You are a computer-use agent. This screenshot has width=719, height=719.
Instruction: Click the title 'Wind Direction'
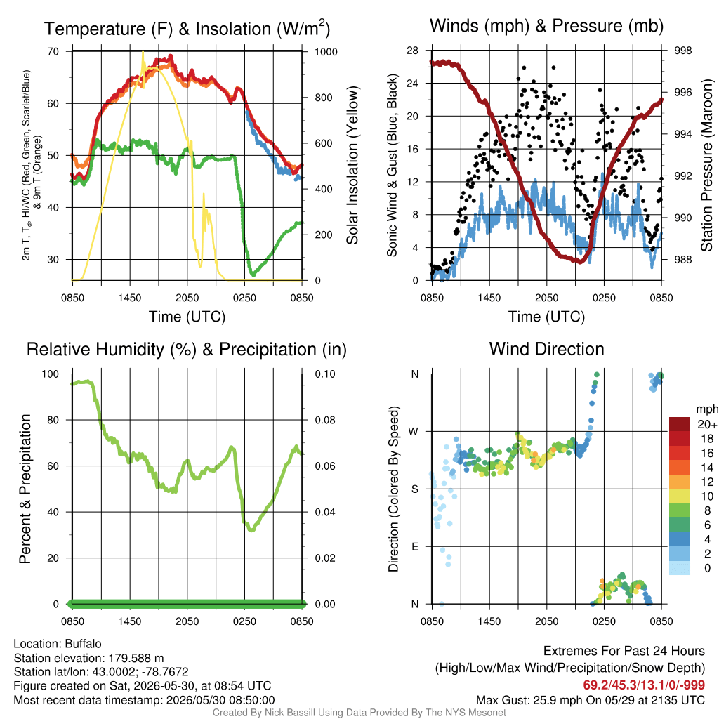(546, 349)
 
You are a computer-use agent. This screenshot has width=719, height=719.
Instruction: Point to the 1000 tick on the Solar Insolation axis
(326, 52)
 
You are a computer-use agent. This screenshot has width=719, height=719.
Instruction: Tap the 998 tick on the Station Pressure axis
(682, 51)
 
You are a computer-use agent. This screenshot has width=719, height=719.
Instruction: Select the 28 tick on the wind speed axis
(412, 51)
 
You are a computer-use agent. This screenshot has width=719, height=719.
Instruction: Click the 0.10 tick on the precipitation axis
(325, 374)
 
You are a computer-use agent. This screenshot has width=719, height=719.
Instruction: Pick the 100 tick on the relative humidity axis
(51, 374)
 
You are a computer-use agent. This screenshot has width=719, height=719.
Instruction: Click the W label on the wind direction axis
(414, 432)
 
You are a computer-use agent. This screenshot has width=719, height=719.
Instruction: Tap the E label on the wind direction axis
(414, 546)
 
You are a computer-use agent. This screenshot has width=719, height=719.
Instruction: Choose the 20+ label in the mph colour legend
(707, 425)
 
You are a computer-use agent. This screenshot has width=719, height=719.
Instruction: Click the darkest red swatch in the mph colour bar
(680, 424)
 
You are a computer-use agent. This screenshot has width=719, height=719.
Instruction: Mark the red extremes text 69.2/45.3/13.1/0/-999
(644, 685)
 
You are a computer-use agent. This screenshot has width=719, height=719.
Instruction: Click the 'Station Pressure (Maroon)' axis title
(706, 166)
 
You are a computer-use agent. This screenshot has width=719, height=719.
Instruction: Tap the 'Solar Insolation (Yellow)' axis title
(352, 166)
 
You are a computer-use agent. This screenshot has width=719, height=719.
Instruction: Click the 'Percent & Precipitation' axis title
(25, 489)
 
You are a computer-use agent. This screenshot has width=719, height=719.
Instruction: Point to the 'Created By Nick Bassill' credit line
(359, 713)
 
